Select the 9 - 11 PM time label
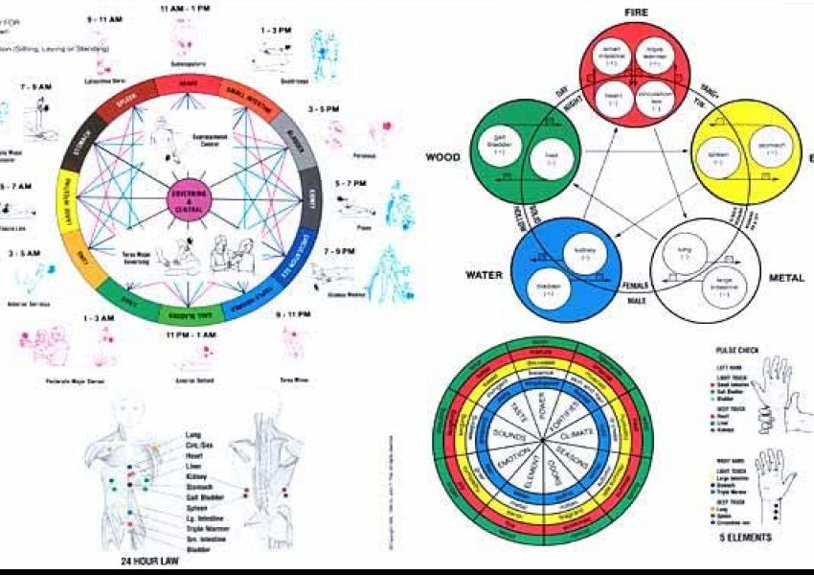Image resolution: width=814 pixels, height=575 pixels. pyautogui.click(x=294, y=313)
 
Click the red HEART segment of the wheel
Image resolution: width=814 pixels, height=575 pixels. pyautogui.click(x=188, y=84)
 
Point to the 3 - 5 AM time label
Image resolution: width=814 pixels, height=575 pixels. pyautogui.click(x=24, y=254)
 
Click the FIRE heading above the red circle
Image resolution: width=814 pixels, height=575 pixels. pyautogui.click(x=638, y=12)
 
